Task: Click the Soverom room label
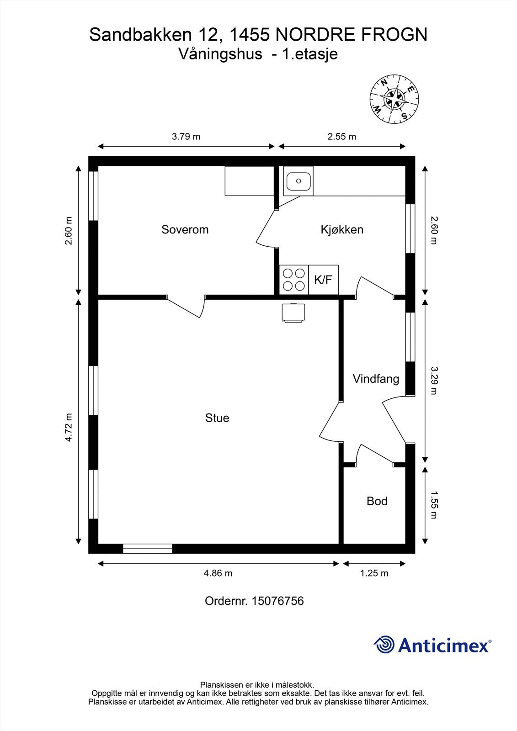[x=185, y=229]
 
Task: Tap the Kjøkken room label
[x=342, y=229]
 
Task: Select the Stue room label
[x=217, y=418]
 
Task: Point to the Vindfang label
[x=376, y=379]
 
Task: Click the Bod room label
[x=377, y=501]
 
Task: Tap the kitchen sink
[x=298, y=181]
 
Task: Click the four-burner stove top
[x=294, y=280]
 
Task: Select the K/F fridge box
[x=323, y=280]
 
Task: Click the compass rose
[x=394, y=99]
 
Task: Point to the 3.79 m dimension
[x=186, y=137]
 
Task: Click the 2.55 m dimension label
[x=341, y=137]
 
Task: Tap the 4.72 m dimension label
[x=68, y=428]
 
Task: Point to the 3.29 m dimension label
[x=434, y=381]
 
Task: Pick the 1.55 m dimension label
[x=434, y=505]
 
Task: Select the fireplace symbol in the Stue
[x=293, y=313]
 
